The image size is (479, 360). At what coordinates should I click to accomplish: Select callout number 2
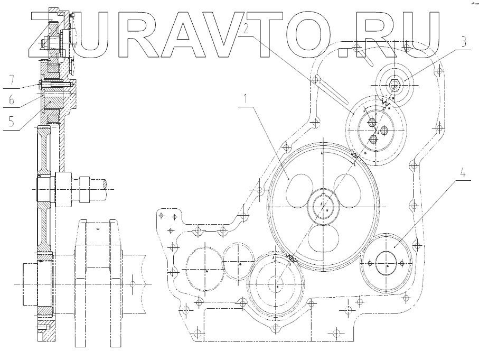pos(244,29)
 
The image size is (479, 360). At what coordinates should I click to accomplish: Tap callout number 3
pos(463,43)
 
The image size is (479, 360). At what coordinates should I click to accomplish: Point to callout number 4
pos(463,173)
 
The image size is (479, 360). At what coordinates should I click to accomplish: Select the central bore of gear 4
pos(388,262)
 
